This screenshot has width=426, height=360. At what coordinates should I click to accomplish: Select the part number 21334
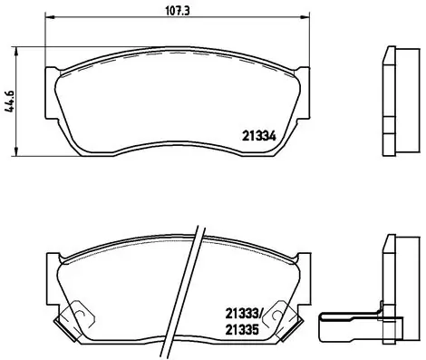click(x=258, y=138)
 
